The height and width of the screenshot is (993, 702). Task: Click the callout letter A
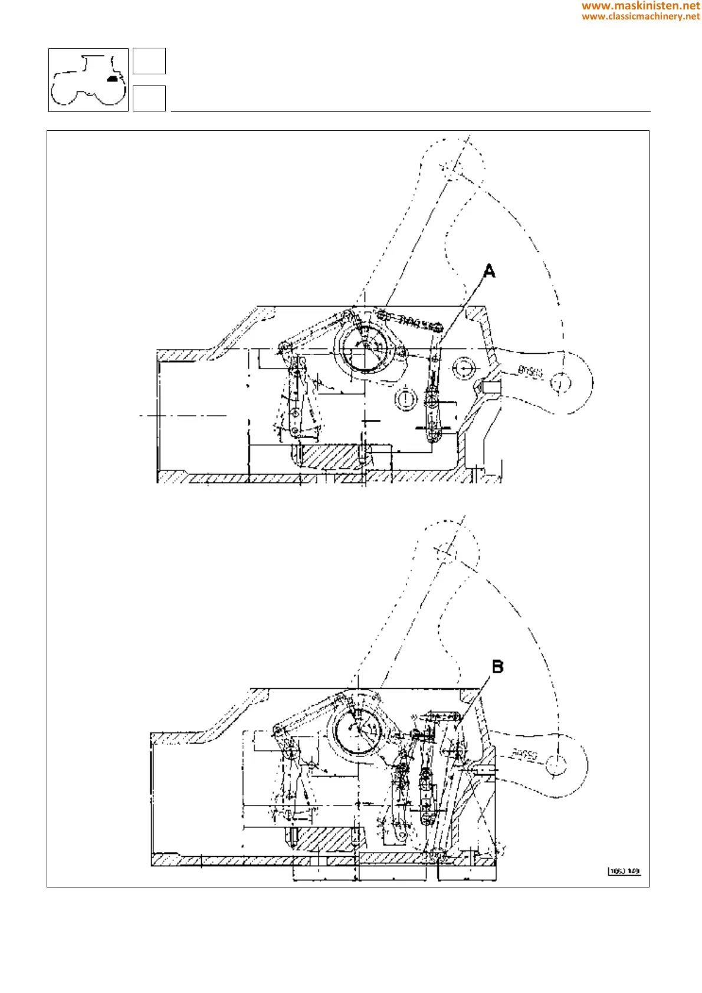coord(489,271)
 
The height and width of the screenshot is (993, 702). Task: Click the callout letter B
coord(498,667)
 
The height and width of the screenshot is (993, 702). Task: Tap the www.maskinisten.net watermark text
coord(641,6)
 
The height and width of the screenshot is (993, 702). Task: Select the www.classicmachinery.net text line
coord(641,17)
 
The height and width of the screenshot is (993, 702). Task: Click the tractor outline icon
coord(88,80)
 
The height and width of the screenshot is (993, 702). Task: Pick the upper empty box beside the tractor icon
coord(149,61)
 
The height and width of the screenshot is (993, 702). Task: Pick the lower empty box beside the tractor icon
coord(149,98)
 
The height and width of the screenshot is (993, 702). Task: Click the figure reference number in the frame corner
coord(624,871)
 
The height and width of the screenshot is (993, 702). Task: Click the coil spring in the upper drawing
coord(413,321)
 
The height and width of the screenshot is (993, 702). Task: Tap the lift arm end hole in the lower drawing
coord(556,765)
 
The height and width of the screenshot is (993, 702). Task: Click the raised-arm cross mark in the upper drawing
coord(452,167)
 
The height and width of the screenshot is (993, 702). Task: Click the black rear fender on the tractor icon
coord(112,77)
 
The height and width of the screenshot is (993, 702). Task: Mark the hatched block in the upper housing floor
coord(330,456)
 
